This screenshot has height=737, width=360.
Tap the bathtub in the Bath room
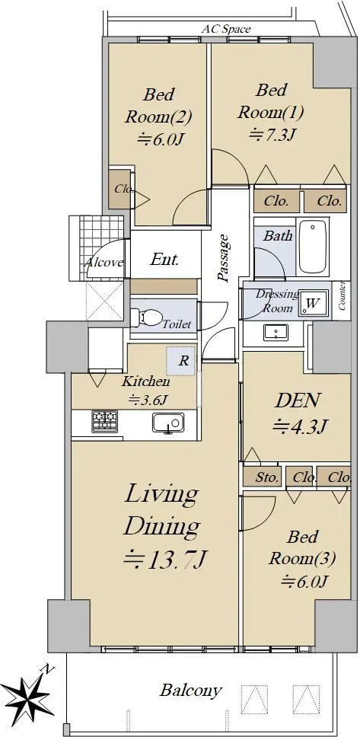point(313,246)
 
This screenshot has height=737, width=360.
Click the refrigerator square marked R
point(181,362)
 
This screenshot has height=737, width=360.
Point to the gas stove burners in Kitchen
point(105,421)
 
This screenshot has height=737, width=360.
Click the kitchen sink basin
point(167,423)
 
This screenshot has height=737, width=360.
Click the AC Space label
point(226,29)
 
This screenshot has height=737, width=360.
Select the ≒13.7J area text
point(165,560)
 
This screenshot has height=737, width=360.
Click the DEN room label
point(298,400)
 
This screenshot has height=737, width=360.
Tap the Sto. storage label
point(267,478)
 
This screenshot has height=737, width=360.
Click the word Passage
point(225,257)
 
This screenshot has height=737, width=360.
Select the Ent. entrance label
point(164,260)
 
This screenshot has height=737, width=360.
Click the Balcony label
point(190,691)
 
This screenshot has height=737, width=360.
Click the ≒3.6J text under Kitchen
point(149,400)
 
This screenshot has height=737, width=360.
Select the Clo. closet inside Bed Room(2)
point(119,189)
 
